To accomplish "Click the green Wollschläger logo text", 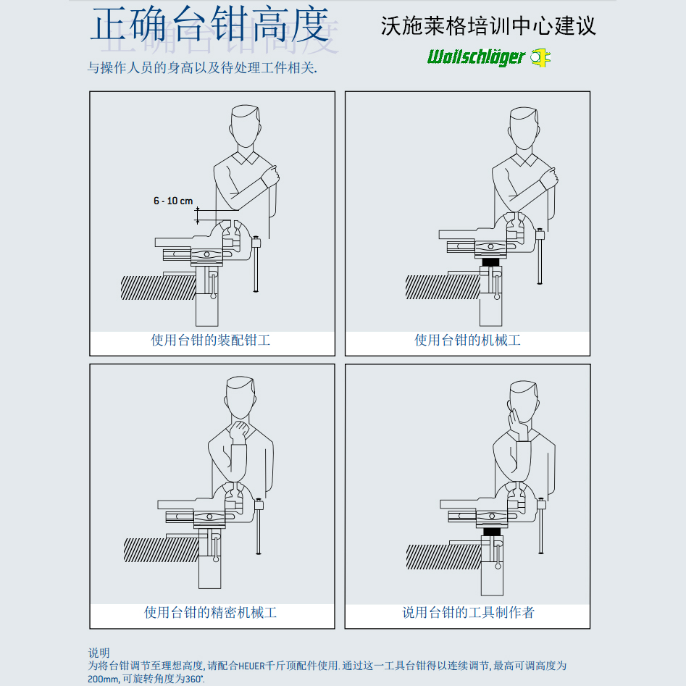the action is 476,57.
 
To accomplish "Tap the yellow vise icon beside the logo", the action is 540,57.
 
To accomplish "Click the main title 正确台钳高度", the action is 209,25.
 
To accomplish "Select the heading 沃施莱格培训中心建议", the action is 488,26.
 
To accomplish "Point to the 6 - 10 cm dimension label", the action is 173,201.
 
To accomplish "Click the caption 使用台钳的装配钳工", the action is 211,340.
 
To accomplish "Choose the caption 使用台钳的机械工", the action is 467,340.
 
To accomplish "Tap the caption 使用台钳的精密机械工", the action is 211,612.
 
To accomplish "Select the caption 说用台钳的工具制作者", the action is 468,612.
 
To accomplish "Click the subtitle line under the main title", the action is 202,68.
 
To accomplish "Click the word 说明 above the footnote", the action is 99,653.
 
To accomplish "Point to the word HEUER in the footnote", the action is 251,666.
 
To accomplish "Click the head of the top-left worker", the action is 246,126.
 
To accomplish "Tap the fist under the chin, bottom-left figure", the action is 239,430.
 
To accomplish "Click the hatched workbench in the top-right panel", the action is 443,287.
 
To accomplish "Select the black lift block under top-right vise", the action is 490,262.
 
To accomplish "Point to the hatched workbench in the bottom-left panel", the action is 161,550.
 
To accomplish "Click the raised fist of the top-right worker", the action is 548,177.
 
